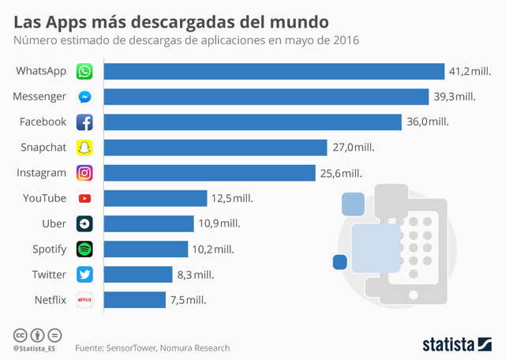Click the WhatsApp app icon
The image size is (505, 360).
(x=84, y=72)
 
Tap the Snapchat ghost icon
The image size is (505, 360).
(x=84, y=148)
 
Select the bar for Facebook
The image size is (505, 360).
(x=252, y=122)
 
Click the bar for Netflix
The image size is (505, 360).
(x=134, y=300)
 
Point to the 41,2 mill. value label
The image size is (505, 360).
(x=470, y=72)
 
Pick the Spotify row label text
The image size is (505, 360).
(x=49, y=249)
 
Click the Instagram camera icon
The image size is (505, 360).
(x=84, y=173)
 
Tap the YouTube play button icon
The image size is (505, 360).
(x=84, y=198)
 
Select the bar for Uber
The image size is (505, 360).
(x=148, y=223)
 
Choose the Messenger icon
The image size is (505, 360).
(x=84, y=97)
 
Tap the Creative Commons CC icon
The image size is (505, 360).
(x=20, y=334)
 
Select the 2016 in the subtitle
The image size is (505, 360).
(x=344, y=39)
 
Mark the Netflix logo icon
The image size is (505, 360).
(x=84, y=300)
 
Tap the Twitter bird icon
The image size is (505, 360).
(x=84, y=274)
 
